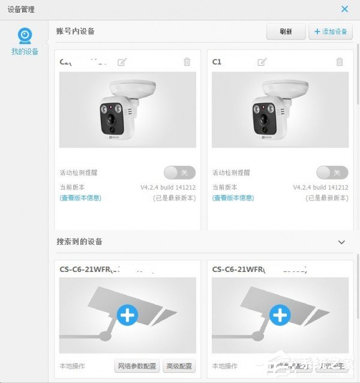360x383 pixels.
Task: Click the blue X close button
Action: (344, 9)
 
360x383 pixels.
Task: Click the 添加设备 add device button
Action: (331, 32)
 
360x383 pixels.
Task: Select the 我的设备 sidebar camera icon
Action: (25, 36)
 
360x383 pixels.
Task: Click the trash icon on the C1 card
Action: (340, 62)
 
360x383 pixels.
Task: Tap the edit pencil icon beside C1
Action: (262, 62)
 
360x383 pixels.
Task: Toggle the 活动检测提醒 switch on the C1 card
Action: (332, 173)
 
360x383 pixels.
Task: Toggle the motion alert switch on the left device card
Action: (179, 173)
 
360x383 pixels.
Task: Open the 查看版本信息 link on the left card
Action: (80, 198)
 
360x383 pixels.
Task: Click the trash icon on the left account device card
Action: (187, 62)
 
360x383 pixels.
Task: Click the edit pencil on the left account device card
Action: (122, 62)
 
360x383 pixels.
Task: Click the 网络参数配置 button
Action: (137, 366)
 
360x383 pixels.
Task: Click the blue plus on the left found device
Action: (127, 315)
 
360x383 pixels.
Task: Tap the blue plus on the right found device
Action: (280, 315)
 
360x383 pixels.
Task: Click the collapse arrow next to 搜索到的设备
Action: (341, 242)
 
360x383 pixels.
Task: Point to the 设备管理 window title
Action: (21, 9)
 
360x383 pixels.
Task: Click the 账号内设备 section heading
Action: (76, 31)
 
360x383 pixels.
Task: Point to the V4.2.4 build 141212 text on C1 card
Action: (320, 187)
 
